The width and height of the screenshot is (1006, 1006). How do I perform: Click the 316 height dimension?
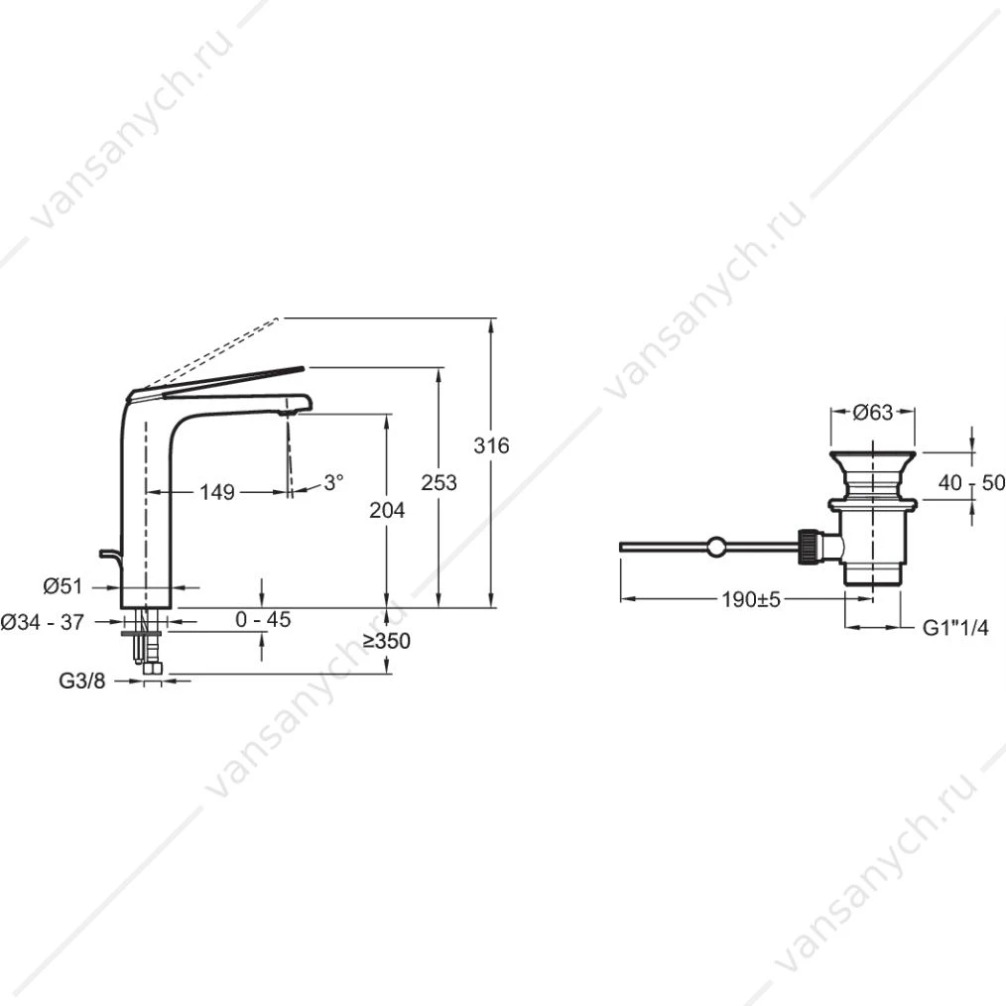pos(491,445)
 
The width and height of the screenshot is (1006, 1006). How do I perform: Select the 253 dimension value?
pos(439,482)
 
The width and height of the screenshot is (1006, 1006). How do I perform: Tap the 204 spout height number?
pos(387,510)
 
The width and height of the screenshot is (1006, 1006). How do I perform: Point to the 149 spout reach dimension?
pos(217,492)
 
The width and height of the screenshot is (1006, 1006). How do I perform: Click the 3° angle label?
pos(333,482)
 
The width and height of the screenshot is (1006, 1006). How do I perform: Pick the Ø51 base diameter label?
pos(63,585)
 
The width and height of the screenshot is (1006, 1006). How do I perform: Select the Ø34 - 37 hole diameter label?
pos(43,622)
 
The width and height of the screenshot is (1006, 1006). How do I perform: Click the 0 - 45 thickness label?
pos(263,619)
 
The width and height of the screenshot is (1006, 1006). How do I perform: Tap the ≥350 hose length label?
pos(386,641)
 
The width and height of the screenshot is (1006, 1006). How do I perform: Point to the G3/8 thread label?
pos(82,681)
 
